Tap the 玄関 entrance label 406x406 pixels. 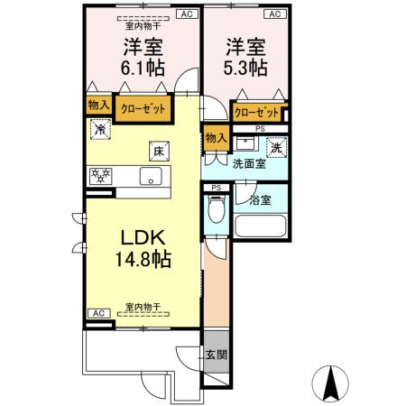point(215,355)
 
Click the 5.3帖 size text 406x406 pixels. point(246,66)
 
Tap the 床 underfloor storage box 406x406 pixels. point(157,152)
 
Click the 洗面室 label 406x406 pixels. point(248,165)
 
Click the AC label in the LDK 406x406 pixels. point(97,313)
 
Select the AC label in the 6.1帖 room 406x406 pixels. point(186,15)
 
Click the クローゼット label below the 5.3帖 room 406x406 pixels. point(256,112)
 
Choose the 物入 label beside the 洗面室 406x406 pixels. point(214,137)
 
